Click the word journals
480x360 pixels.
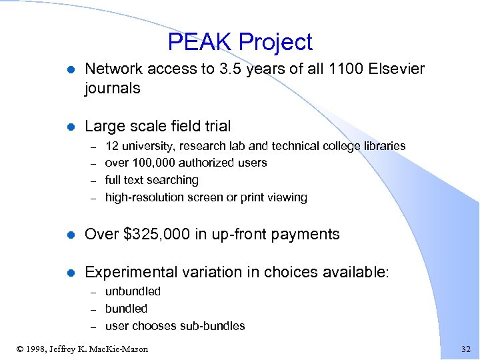112,88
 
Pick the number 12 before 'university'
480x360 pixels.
112,145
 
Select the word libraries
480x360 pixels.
381,145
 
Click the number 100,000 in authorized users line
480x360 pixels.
153,163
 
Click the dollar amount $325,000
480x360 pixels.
153,234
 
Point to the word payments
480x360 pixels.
309,234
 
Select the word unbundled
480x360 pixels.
133,291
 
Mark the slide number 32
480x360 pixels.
465,348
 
